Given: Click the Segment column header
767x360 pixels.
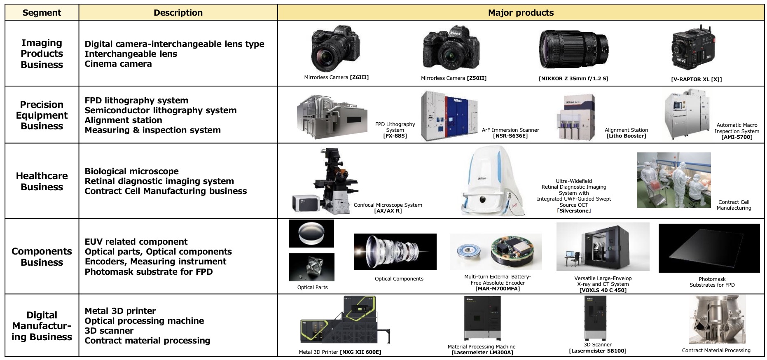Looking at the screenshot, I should tap(42, 13).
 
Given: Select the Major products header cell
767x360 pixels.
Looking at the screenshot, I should tap(521, 13).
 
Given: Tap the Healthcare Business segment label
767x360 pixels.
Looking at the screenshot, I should tap(42, 181).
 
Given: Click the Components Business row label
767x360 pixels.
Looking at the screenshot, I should tap(42, 257).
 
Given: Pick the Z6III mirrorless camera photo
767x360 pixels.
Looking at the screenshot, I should tap(335, 49).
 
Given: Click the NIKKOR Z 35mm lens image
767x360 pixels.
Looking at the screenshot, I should tap(573, 49).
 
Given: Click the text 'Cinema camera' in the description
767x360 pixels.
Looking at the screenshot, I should tap(118, 64).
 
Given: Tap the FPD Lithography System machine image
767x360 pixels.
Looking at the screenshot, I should tap(332, 117).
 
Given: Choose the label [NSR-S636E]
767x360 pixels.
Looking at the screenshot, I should tap(510, 136).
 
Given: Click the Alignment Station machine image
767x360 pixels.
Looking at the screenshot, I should tap(576, 118).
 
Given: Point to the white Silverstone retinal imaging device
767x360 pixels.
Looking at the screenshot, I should tap(492, 181).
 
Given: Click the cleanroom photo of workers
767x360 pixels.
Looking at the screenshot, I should tap(673, 180).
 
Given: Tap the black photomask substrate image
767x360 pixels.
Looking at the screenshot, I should tap(709, 248).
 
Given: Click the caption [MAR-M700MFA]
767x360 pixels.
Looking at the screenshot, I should tap(498, 289).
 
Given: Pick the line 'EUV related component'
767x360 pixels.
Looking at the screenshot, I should tap(136, 242).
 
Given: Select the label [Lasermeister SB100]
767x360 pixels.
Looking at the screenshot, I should tap(598, 351).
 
